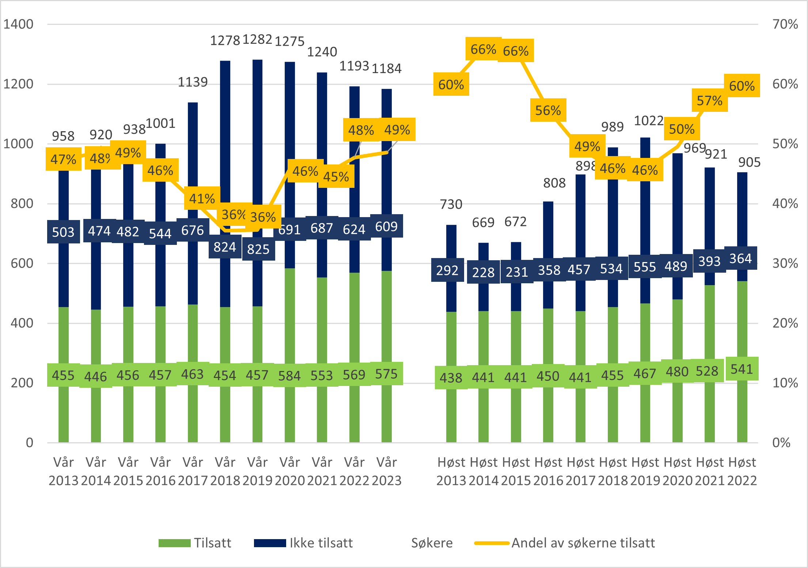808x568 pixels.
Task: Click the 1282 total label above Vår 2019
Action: tap(257, 39)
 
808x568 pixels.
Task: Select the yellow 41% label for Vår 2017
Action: tap(202, 198)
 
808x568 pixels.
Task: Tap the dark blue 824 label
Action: tap(225, 247)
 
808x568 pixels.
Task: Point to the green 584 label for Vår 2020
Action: tap(289, 375)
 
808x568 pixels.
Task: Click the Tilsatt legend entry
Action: tap(195, 543)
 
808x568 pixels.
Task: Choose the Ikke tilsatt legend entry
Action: tap(303, 543)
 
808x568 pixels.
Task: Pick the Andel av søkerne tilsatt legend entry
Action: tap(565, 543)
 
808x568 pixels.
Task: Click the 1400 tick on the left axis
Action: tap(18, 24)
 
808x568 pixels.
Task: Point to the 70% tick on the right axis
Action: tap(785, 24)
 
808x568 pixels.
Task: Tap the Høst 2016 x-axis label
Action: tap(548, 471)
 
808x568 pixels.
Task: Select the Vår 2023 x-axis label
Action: tap(387, 471)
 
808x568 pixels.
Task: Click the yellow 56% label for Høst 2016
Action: tap(548, 110)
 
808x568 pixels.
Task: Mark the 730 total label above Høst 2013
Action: tap(451, 204)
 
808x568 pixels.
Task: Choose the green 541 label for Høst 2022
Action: tap(741, 369)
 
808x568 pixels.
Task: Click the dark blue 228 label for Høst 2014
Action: tap(483, 272)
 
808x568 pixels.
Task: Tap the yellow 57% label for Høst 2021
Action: tap(709, 100)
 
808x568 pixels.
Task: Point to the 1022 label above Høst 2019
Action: tap(648, 121)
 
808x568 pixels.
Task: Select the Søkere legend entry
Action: tap(432, 543)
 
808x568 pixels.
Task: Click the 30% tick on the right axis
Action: tap(785, 263)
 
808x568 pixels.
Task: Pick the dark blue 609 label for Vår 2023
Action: tap(386, 226)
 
